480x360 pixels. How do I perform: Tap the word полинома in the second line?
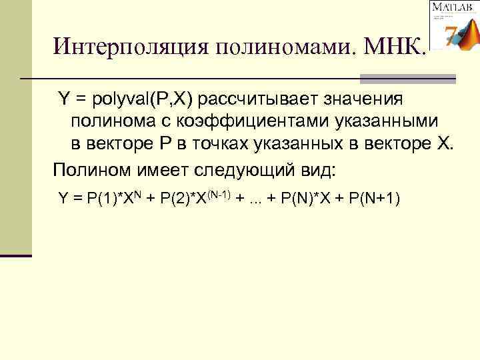[x=110, y=121]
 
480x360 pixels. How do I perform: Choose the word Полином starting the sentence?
[x=83, y=167]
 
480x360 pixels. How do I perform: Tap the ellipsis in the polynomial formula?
[x=254, y=199]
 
